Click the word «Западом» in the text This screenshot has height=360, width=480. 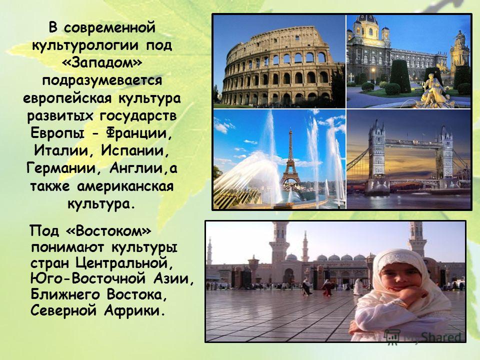click(102, 63)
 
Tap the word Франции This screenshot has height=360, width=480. click(139, 133)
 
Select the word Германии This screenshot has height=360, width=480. click(63, 168)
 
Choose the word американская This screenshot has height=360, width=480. click(125, 186)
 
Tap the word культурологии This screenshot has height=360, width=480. click(87, 46)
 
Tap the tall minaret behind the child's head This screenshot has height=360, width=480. click(416, 237)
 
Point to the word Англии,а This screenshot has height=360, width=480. click(143, 168)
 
